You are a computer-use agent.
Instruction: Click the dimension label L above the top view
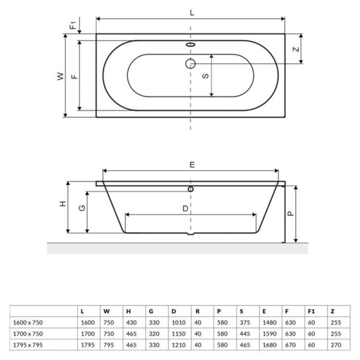tap(191, 12)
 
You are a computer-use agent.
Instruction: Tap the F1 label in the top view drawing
tap(73, 25)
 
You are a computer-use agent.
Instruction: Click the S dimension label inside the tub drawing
tap(205, 76)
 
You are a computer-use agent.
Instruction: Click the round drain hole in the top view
tap(191, 63)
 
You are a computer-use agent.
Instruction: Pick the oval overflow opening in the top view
tap(191, 45)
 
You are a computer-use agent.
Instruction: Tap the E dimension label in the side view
tap(191, 163)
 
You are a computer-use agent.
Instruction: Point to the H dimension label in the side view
tap(62, 205)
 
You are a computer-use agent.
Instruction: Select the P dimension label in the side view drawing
tap(291, 213)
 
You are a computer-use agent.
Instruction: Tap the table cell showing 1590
tap(267, 334)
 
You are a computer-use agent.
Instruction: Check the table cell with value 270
tap(335, 345)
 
